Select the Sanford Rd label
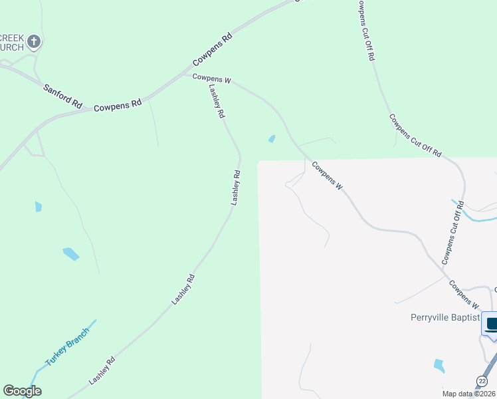click(x=62, y=96)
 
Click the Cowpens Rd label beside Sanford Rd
click(x=118, y=105)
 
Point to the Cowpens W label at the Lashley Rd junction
click(x=211, y=79)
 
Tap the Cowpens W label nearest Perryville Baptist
click(x=464, y=295)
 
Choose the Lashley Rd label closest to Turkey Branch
click(x=102, y=371)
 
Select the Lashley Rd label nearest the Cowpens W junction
click(x=217, y=101)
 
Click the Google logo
click(x=22, y=391)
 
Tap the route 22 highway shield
click(x=482, y=380)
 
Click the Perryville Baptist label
click(x=444, y=318)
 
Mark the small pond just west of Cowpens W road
click(x=271, y=139)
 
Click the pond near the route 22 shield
click(x=439, y=365)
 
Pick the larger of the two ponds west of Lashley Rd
click(x=71, y=253)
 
